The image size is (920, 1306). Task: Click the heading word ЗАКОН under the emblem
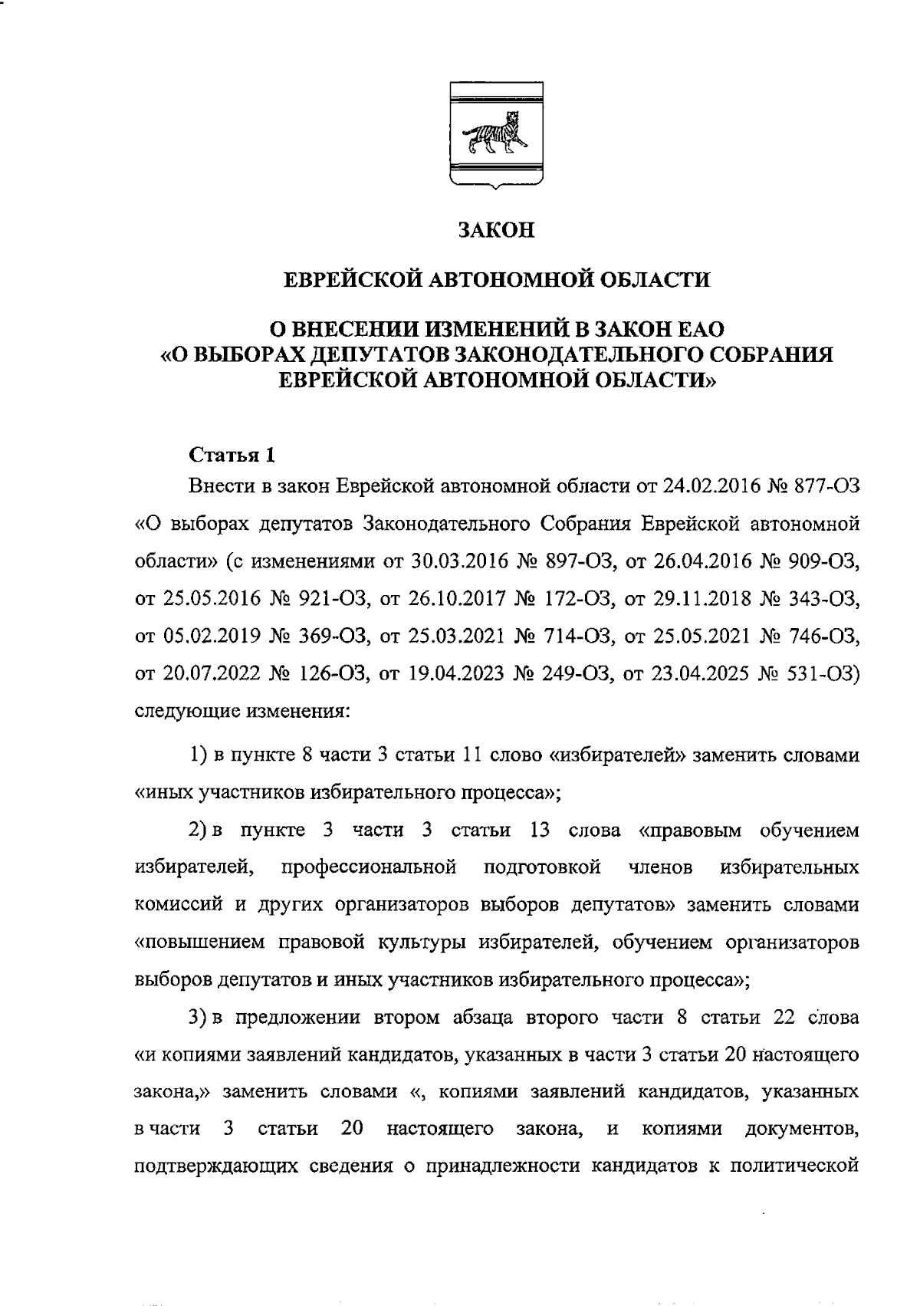[495, 230]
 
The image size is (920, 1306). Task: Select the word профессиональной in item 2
[370, 867]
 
